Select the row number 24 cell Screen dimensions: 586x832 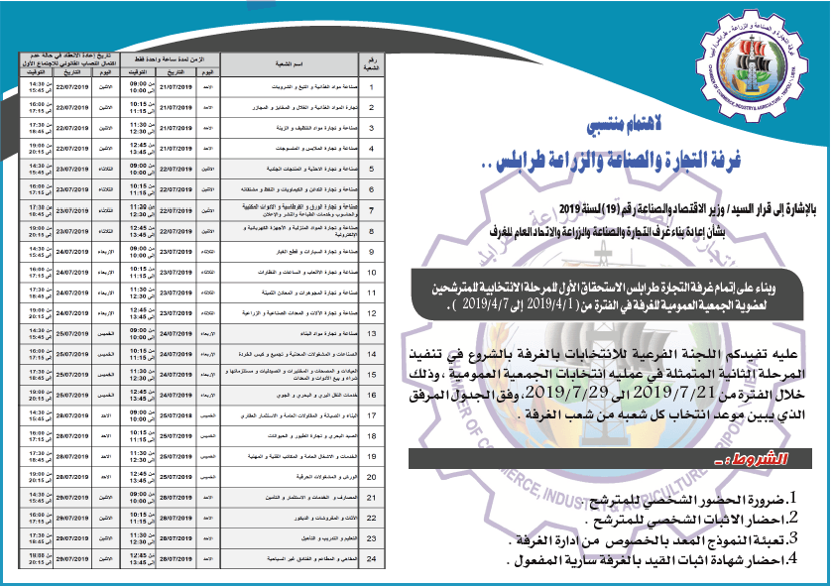371,560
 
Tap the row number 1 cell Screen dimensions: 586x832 371,85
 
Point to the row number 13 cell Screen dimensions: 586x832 371,333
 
